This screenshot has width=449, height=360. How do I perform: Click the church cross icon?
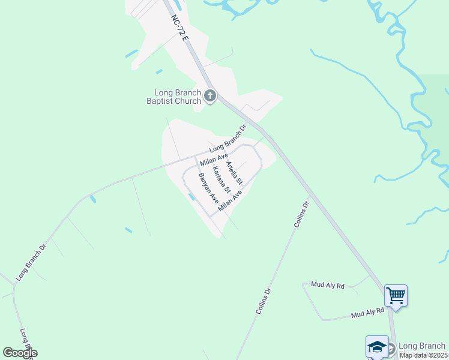click(210, 95)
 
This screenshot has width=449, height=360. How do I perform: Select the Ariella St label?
click(234, 172)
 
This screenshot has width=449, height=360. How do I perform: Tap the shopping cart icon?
click(396, 295)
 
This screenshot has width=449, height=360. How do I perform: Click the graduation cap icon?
click(377, 347)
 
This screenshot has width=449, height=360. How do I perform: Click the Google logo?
click(20, 353)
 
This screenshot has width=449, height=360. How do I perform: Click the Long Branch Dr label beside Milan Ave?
click(228, 139)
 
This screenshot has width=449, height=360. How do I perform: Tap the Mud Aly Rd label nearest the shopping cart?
click(367, 311)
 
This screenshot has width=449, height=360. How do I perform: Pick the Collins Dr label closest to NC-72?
click(301, 214)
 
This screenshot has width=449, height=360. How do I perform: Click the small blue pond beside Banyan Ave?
click(191, 196)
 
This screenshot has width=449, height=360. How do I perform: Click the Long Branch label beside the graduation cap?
click(422, 346)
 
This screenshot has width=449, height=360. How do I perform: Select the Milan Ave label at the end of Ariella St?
click(230, 202)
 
